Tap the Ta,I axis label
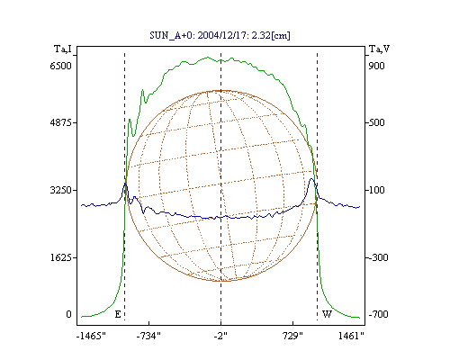coord(63,49)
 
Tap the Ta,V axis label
coord(379,49)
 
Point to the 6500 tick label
coord(60,66)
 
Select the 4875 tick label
coord(60,122)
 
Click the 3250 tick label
coord(60,190)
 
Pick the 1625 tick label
coord(60,257)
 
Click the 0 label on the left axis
coord(68,314)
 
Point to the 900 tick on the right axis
coord(376,66)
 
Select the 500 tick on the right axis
coord(376,122)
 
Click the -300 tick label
coord(378,257)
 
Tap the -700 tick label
coord(378,314)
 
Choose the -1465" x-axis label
coord(91,336)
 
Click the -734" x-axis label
coord(148,336)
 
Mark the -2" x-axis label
coord(220,336)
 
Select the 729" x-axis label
coord(292,336)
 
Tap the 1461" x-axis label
coord(351,336)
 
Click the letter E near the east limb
coord(118,314)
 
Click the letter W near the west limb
coord(327,314)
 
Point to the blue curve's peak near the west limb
coord(311,179)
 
